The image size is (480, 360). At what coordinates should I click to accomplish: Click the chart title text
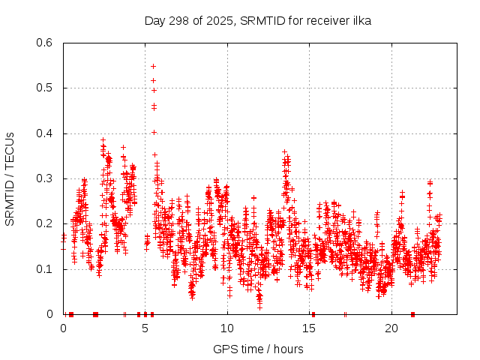pyautogui.click(x=257, y=20)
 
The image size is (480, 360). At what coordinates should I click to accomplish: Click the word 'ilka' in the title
pyautogui.click(x=360, y=20)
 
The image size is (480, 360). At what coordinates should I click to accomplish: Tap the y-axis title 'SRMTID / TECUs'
pyautogui.click(x=10, y=178)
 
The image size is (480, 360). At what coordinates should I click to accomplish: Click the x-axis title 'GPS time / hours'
pyautogui.click(x=258, y=349)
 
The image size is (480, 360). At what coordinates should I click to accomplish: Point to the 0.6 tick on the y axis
pyautogui.click(x=46, y=43)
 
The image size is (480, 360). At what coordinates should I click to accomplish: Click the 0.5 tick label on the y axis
pyautogui.click(x=46, y=88)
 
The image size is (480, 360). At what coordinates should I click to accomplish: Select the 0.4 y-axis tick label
pyautogui.click(x=46, y=133)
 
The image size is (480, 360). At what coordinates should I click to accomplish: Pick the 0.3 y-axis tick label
pyautogui.click(x=46, y=178)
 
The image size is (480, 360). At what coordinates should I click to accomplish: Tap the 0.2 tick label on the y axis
pyautogui.click(x=46, y=223)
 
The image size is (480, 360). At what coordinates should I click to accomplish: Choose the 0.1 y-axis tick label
pyautogui.click(x=46, y=268)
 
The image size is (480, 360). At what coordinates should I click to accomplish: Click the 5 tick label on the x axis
pyautogui.click(x=145, y=328)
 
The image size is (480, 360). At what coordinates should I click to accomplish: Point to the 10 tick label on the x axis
pyautogui.click(x=227, y=328)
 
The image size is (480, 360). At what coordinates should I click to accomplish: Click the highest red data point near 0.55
pyautogui.click(x=153, y=66)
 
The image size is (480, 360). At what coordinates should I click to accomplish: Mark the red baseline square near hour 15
pyautogui.click(x=313, y=314)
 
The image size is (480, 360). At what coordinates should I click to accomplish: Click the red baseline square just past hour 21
pyautogui.click(x=412, y=314)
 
